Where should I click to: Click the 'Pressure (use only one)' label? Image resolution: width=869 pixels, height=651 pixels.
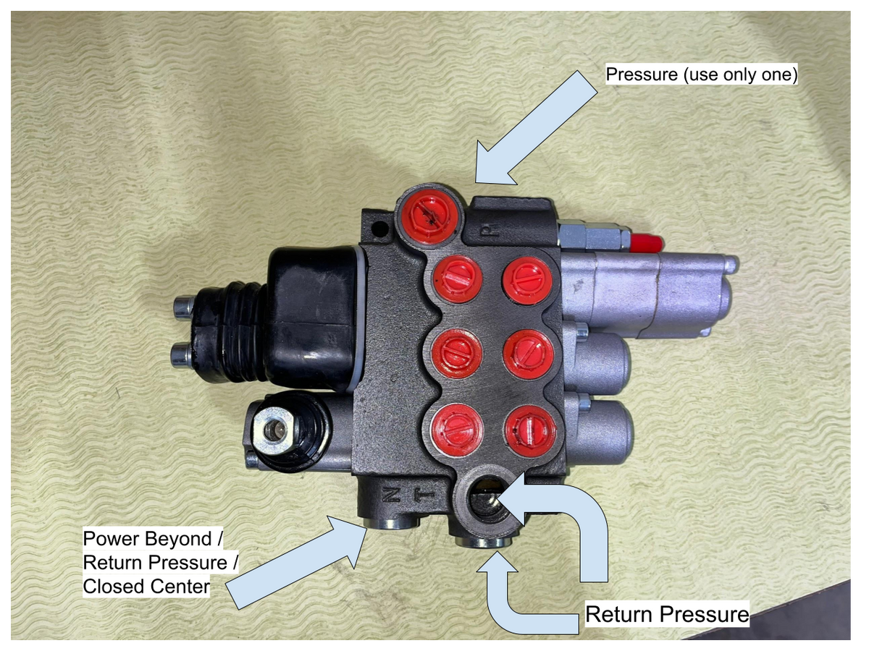(702, 75)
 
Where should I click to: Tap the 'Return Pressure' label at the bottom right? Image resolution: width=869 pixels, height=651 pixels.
(667, 614)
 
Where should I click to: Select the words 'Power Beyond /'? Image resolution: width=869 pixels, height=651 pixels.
(153, 539)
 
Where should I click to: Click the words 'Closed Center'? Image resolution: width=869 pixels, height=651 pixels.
(146, 586)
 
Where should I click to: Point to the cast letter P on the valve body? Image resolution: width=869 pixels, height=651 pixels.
(490, 229)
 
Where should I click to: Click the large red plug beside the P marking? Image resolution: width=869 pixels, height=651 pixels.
(429, 216)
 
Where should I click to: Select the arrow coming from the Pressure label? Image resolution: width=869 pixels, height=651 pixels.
(537, 127)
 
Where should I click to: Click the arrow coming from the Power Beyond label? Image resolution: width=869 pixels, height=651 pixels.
(297, 561)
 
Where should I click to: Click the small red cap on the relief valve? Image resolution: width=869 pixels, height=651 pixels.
(647, 243)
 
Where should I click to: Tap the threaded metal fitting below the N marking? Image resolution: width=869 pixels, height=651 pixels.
(392, 523)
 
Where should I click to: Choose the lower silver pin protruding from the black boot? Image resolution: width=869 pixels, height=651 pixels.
(182, 355)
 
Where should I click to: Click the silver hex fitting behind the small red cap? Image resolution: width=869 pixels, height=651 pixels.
(593, 235)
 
